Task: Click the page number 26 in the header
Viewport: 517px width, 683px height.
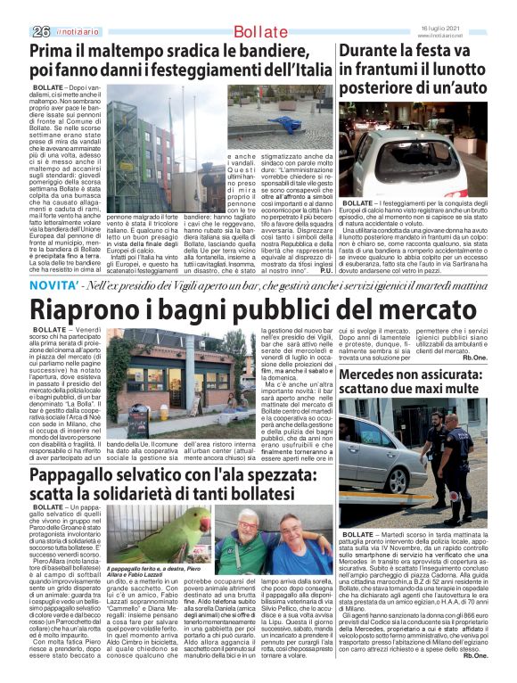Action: click(40, 31)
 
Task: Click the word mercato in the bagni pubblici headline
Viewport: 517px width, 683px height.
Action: click(429, 310)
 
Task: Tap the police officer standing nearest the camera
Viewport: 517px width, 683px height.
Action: click(455, 473)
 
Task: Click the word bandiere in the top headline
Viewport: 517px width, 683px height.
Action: click(289, 51)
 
